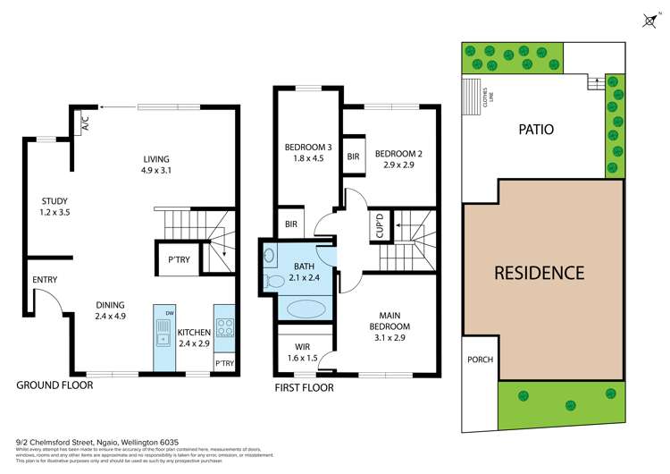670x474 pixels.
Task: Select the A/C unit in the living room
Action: [86, 121]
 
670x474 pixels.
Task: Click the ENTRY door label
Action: [45, 280]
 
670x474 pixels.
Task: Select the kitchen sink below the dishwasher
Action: [164, 337]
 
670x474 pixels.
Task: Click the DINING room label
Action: [111, 309]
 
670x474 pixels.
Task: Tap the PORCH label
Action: [480, 360]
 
